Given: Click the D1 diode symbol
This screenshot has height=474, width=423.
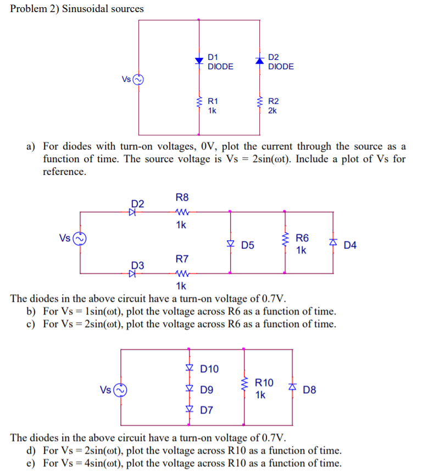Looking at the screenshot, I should tap(199, 60).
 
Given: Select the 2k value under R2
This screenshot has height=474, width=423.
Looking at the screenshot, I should tap(272, 111).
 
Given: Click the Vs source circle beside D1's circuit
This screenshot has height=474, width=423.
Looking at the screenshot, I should tap(138, 79).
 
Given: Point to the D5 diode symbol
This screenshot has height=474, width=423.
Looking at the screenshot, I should tap(230, 243).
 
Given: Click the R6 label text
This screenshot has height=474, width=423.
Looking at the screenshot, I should tap(302, 239).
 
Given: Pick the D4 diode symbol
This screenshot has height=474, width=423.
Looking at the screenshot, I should tap(332, 243).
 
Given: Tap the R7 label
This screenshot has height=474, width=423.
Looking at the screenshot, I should tap(182, 258).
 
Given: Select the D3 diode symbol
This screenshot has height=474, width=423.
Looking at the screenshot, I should tap(132, 273).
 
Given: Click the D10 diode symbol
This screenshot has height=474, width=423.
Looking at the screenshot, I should tap(189, 368).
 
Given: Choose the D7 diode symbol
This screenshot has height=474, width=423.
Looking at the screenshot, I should tap(189, 410).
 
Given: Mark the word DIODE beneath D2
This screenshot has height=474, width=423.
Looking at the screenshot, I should tap(281, 67).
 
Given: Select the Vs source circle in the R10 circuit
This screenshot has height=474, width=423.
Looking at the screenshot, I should tap(121, 390).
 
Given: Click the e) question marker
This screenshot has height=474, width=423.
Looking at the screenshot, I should tap(31, 463).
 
